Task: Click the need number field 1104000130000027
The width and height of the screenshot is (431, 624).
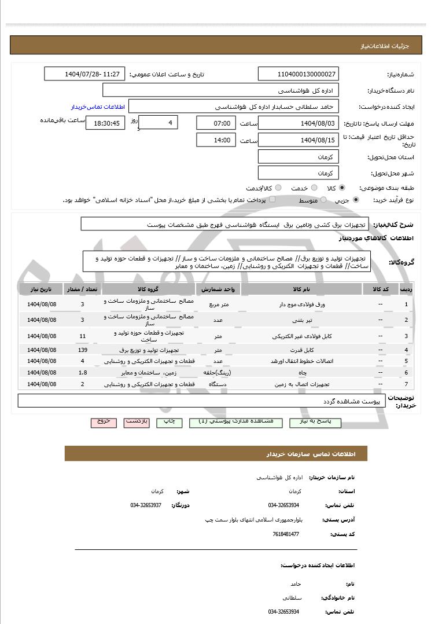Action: [299, 74]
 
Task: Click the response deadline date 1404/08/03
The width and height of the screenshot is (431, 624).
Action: [299, 123]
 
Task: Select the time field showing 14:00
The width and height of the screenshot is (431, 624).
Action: [216, 140]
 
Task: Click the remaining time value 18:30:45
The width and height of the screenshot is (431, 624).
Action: [105, 123]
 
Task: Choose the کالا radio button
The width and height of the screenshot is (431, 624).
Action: [342, 188]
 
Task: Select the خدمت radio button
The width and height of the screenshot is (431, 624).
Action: [314, 188]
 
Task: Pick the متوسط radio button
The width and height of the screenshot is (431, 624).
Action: [323, 200]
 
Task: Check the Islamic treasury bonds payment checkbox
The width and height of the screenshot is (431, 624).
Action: [272, 200]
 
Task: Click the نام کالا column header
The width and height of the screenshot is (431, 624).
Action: [301, 289]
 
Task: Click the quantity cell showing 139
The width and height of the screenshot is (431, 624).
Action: [82, 350]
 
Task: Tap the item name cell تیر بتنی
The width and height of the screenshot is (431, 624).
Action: [301, 320]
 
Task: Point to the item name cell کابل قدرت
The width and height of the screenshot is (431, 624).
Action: [301, 350]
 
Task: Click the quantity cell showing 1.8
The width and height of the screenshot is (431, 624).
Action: [82, 372]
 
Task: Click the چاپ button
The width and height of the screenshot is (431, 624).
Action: [169, 422]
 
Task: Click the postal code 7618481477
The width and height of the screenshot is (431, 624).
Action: [286, 534]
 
